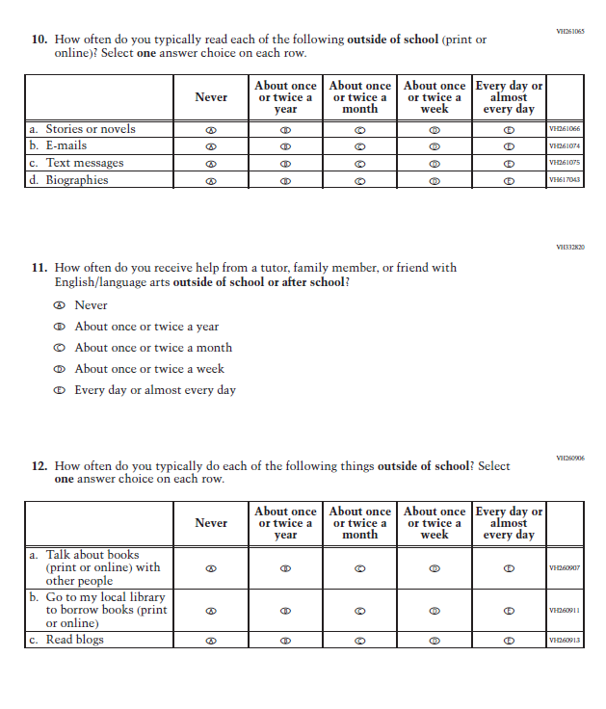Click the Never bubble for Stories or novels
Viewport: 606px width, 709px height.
point(211,130)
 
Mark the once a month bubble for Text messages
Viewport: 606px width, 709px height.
point(360,164)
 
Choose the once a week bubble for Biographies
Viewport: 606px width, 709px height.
point(435,180)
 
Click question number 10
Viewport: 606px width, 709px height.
point(39,39)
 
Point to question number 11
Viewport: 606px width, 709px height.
point(39,268)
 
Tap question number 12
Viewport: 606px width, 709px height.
point(39,466)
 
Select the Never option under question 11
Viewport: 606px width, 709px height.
point(60,305)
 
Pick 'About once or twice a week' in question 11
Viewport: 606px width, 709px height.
point(60,369)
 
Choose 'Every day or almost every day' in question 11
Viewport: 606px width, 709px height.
point(60,390)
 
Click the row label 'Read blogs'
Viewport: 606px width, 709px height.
point(75,640)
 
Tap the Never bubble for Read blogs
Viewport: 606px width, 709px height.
point(211,641)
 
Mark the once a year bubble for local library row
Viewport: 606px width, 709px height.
point(286,611)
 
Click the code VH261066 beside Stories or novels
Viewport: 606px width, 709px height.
point(565,130)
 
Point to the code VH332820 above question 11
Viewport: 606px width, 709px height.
point(570,248)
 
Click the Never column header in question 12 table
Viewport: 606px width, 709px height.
point(211,523)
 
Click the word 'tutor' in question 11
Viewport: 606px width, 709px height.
point(274,268)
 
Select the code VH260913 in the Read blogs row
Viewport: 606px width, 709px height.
point(565,641)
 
